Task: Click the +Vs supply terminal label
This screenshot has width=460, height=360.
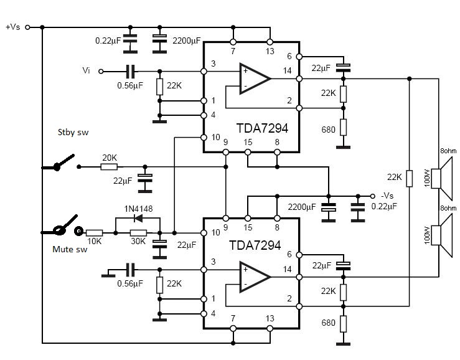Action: [x=13, y=27]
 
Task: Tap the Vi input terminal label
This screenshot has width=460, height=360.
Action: [x=86, y=70]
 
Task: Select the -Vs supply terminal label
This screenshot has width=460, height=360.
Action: [x=387, y=196]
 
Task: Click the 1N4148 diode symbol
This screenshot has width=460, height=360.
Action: [x=138, y=218]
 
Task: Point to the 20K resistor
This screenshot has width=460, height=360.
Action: [x=109, y=167]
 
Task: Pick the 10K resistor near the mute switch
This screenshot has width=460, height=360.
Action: [x=94, y=233]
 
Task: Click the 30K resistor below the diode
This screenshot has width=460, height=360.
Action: [x=138, y=233]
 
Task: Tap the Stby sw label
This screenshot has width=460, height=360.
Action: [x=73, y=132]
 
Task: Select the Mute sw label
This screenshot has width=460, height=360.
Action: [x=70, y=249]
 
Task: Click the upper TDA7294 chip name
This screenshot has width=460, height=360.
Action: [x=262, y=128]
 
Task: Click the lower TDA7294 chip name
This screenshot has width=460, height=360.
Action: [x=255, y=245]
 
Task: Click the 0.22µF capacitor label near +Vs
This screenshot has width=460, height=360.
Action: [x=108, y=40]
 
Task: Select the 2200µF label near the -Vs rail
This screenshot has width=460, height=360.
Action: [x=302, y=207]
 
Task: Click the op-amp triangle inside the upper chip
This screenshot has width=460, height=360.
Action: [x=255, y=78]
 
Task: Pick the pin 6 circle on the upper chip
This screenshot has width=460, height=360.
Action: [x=299, y=57]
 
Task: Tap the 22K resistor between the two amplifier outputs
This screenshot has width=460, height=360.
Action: [x=410, y=178]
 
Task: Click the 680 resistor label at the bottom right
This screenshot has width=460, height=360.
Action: [x=328, y=323]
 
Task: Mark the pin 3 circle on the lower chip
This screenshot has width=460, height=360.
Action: [x=204, y=270]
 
